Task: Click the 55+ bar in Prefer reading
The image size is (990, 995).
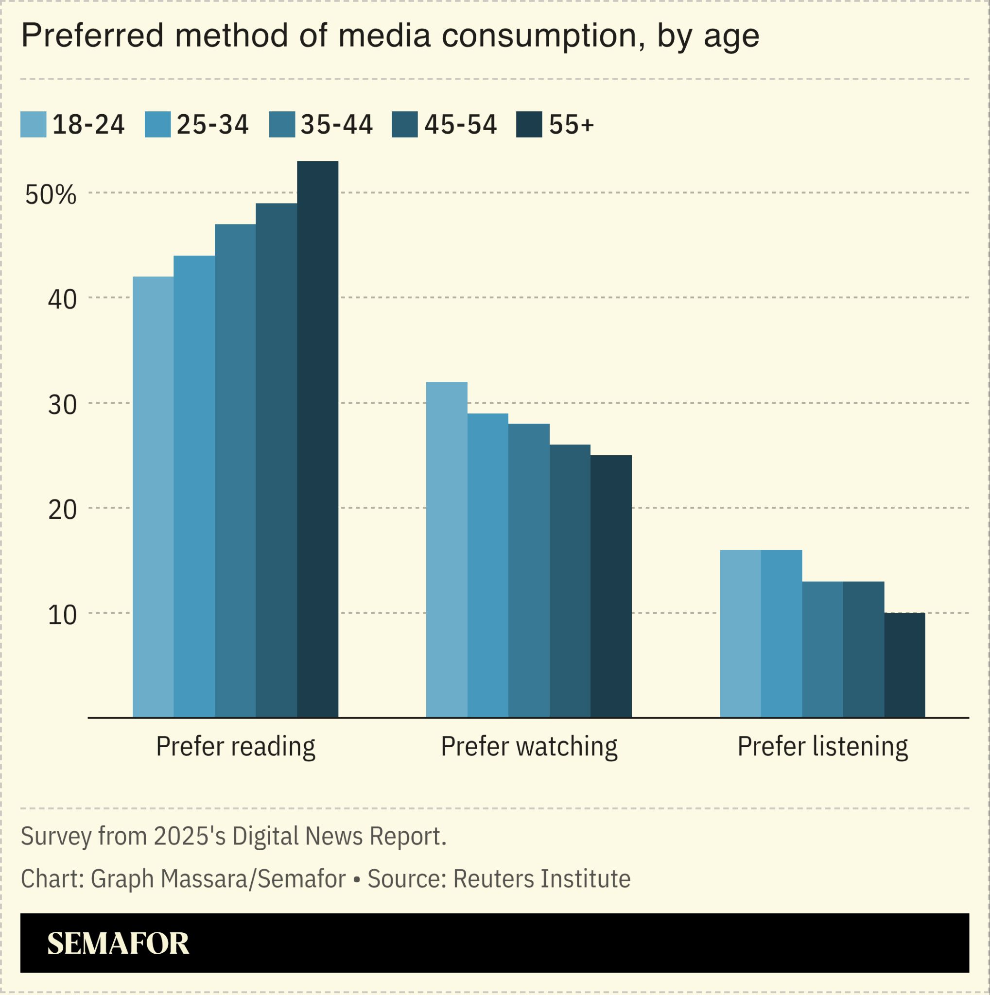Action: [x=317, y=439]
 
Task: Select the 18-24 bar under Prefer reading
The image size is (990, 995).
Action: [x=153, y=497]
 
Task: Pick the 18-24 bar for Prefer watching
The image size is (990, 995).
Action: [x=447, y=549]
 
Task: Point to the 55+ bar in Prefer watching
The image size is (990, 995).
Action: [x=611, y=586]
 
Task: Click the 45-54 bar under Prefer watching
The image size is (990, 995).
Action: [x=570, y=581]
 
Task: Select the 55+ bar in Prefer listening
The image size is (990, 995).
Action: [x=904, y=665]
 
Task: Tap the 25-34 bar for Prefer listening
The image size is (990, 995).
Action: [x=781, y=634]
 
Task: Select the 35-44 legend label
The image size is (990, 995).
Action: [x=336, y=125]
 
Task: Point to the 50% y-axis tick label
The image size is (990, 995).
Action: [x=51, y=195]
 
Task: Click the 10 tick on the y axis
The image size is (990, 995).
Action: [x=62, y=615]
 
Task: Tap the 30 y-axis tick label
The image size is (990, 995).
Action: [x=62, y=405]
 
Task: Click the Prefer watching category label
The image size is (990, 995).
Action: [x=529, y=746]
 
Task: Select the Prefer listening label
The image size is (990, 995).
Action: [x=823, y=746]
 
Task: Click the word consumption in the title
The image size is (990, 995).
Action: [x=543, y=36]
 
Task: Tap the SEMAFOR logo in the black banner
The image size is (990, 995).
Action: [x=118, y=944]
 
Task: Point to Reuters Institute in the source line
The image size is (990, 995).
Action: [x=541, y=878]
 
